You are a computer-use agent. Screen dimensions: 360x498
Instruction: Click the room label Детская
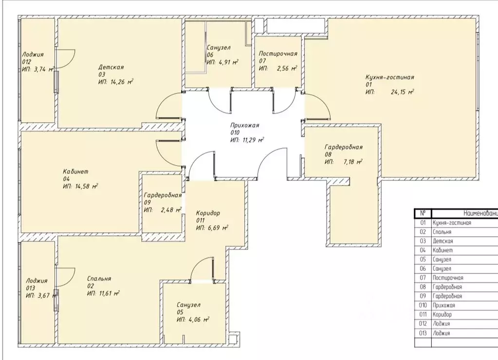(x=111, y=67)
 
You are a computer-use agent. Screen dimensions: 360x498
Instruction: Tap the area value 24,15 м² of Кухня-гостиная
(x=402, y=92)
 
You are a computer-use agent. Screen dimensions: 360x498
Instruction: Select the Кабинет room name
(x=75, y=171)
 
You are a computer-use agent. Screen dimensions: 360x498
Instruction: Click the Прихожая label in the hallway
(x=245, y=125)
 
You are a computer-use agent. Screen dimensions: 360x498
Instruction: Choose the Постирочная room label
(x=277, y=54)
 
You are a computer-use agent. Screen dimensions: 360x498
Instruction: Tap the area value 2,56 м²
(x=287, y=69)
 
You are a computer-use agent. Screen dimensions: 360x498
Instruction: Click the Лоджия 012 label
(x=33, y=55)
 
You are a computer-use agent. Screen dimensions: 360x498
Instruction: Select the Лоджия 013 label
(x=37, y=281)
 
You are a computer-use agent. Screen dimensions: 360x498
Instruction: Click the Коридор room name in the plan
(x=208, y=213)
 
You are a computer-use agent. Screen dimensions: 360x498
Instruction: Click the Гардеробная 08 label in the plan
(x=344, y=147)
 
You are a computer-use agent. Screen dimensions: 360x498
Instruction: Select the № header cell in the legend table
(x=423, y=213)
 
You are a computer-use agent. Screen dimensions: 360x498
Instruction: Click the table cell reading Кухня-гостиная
(x=452, y=223)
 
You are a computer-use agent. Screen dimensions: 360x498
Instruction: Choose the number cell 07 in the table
(x=423, y=278)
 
